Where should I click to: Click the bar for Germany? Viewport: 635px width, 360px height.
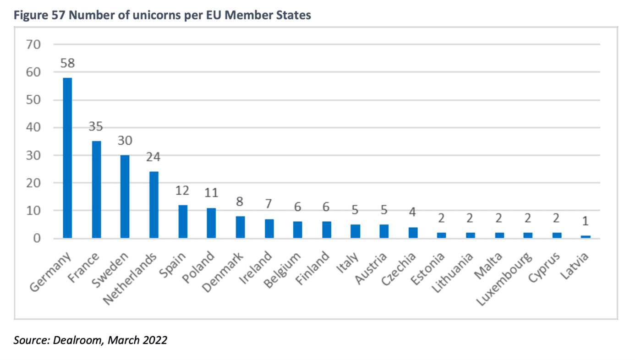coord(67,158)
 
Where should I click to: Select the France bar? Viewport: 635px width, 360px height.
coord(96,190)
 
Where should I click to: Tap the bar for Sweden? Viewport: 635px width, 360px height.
coord(125,196)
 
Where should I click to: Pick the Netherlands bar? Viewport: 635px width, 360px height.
coord(153,205)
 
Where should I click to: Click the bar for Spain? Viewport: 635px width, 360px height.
coord(183,222)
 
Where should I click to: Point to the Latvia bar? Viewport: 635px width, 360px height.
coord(585,237)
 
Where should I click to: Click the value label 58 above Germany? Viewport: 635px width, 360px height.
coord(67,63)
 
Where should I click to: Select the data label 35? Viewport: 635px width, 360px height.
coord(96,126)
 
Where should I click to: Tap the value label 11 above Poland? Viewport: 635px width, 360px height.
coord(211,193)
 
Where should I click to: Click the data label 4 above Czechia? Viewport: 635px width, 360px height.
coord(413,212)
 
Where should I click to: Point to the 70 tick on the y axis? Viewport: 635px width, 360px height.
coord(33,44)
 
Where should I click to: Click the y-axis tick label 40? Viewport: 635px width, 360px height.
coord(33,127)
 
